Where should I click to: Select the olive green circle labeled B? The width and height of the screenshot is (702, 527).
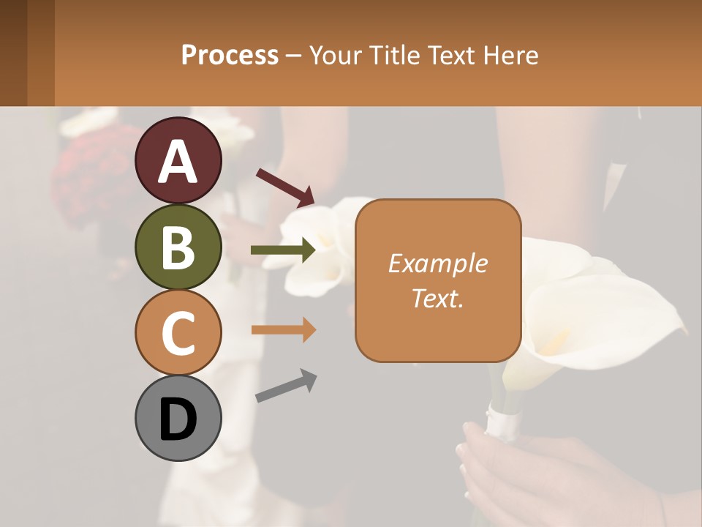click(178, 247)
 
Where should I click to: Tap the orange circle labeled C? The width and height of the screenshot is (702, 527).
click(178, 333)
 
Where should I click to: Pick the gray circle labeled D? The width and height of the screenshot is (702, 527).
click(178, 418)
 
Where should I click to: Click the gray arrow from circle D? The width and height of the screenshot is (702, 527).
click(286, 386)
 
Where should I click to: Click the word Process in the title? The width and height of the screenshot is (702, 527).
click(230, 55)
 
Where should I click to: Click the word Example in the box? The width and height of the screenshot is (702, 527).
click(437, 263)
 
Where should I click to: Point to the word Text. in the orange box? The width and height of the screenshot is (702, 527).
click(437, 298)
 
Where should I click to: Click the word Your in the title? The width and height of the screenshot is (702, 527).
click(336, 55)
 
